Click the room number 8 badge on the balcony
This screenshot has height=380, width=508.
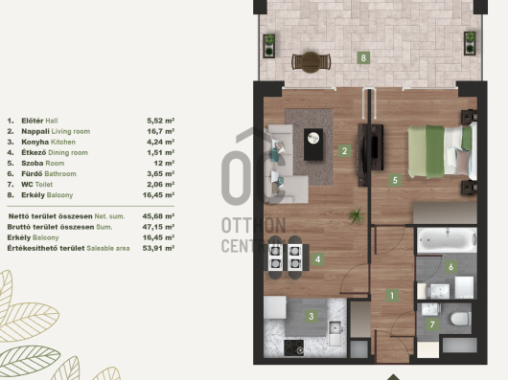point(363,57)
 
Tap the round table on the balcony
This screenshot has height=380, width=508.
point(311,62)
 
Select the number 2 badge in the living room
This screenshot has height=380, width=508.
point(344,150)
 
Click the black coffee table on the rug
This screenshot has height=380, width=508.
point(313,145)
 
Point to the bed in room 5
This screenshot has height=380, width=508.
point(442,151)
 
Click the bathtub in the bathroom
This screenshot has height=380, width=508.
point(447,240)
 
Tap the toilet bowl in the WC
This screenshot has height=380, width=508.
point(460,319)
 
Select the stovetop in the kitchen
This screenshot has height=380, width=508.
point(294,347)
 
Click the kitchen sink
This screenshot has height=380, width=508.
point(335,333)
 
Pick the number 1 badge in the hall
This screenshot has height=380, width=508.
point(392,295)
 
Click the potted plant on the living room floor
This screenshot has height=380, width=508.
point(357,216)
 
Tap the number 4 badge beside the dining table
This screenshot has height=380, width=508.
point(317,259)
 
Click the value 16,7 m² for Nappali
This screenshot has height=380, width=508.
point(161,131)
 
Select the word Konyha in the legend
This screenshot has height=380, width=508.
point(35,142)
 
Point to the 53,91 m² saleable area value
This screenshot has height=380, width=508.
point(158,248)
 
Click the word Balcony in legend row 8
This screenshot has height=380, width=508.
point(60,195)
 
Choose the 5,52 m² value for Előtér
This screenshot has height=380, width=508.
point(161,121)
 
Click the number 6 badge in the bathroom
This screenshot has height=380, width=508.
point(450,267)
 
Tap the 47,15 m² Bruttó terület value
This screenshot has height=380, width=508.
point(158,227)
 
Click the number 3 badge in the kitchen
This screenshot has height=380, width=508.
point(311,316)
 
